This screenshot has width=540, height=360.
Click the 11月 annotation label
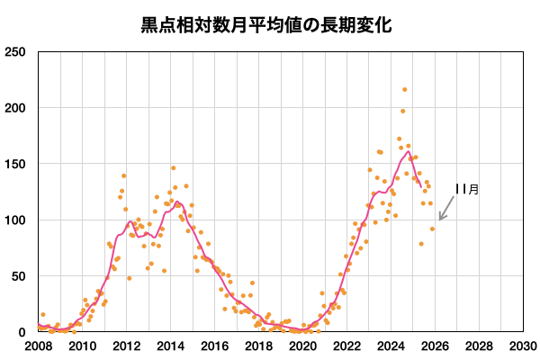tap(466, 189)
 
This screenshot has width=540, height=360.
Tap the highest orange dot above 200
tap(405, 90)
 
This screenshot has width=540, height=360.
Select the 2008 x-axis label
tap(38, 346)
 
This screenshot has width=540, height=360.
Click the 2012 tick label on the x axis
tap(126, 346)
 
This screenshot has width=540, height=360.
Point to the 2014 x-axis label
tap(170, 346)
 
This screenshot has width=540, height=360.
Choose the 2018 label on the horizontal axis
tap(258, 346)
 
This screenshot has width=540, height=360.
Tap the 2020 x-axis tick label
tap(302, 346)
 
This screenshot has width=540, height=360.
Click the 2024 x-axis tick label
tap(391, 346)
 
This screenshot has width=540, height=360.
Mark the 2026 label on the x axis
tap(435, 346)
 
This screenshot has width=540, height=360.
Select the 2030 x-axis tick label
tap(523, 346)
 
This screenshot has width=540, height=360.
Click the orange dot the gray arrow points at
tap(432, 229)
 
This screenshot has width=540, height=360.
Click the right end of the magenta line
tap(420, 185)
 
